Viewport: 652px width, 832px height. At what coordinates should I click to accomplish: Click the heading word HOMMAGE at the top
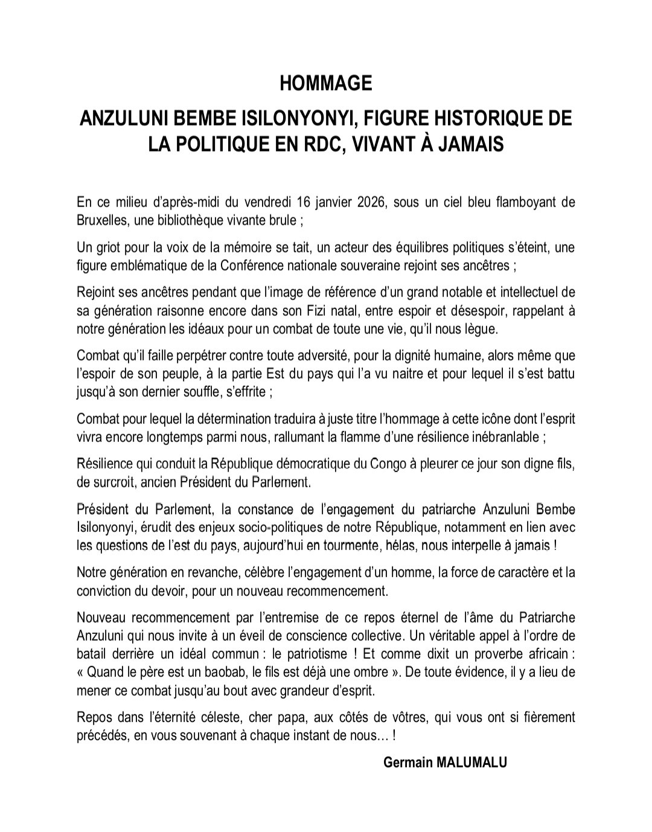(326, 83)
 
